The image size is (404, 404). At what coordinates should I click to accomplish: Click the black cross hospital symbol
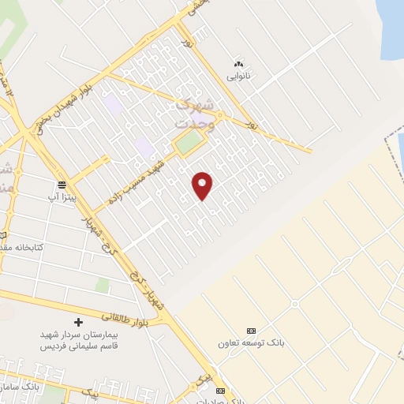click(x=77, y=322)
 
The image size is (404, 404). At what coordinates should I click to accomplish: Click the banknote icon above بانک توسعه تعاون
click(x=251, y=331)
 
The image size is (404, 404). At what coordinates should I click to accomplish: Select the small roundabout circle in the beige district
click(x=294, y=305)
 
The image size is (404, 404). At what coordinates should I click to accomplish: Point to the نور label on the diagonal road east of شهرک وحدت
click(x=252, y=125)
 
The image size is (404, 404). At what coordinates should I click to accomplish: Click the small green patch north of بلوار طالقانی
click(x=103, y=286)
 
